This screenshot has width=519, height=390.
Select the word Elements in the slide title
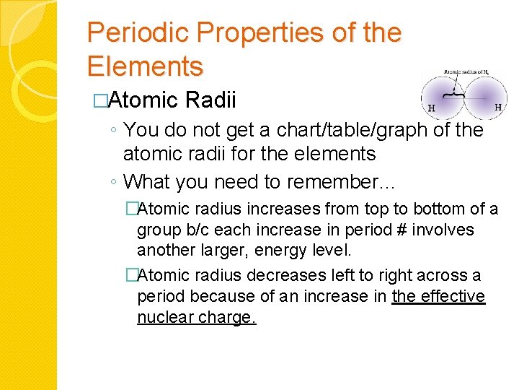[x=145, y=66]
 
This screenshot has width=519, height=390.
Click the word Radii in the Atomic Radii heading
[x=210, y=100]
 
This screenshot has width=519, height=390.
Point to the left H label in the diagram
[x=431, y=109]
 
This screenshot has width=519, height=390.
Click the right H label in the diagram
[x=497, y=107]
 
